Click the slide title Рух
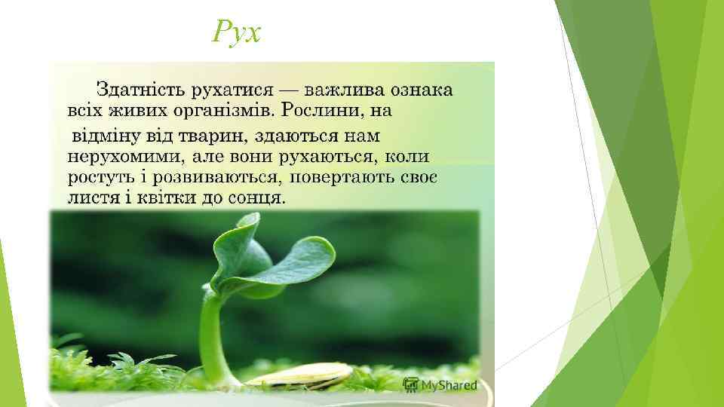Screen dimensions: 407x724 [237, 32]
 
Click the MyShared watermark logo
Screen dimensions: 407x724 [441, 384]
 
